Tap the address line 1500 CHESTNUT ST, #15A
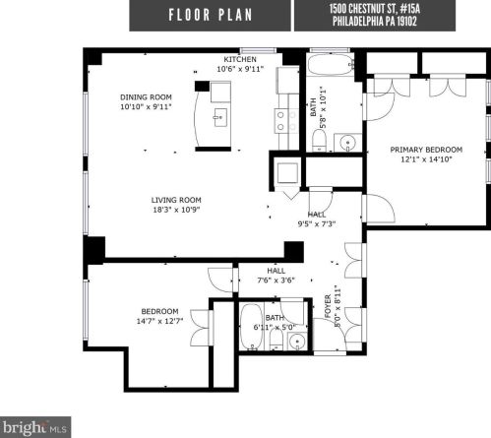(x=393, y=9)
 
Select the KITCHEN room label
(x=240, y=58)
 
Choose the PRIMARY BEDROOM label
(x=425, y=150)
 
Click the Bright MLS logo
(x=36, y=428)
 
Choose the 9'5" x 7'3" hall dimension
(x=316, y=223)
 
